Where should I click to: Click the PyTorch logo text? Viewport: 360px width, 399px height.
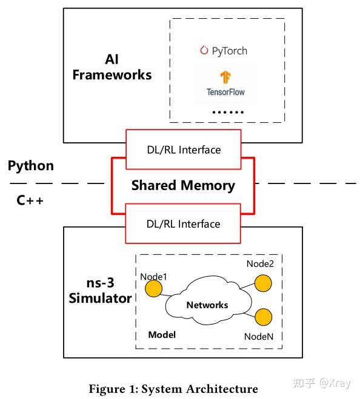(x=224, y=51)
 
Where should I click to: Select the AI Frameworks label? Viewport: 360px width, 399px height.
(x=112, y=67)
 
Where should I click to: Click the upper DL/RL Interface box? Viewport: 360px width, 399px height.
(x=183, y=149)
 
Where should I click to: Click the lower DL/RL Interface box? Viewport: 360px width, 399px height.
(x=183, y=223)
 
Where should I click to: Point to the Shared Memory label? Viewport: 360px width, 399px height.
(x=183, y=185)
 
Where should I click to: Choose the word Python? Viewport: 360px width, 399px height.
(x=30, y=166)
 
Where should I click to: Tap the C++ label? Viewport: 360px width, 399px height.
(x=30, y=200)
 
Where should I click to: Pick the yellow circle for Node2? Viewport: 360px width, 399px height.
(x=262, y=283)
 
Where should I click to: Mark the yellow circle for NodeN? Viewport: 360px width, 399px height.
(x=263, y=316)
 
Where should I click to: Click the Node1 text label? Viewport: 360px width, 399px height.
(x=153, y=276)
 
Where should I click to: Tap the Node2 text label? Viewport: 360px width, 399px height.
(x=260, y=264)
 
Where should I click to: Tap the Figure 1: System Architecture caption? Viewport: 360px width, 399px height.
(x=173, y=389)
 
